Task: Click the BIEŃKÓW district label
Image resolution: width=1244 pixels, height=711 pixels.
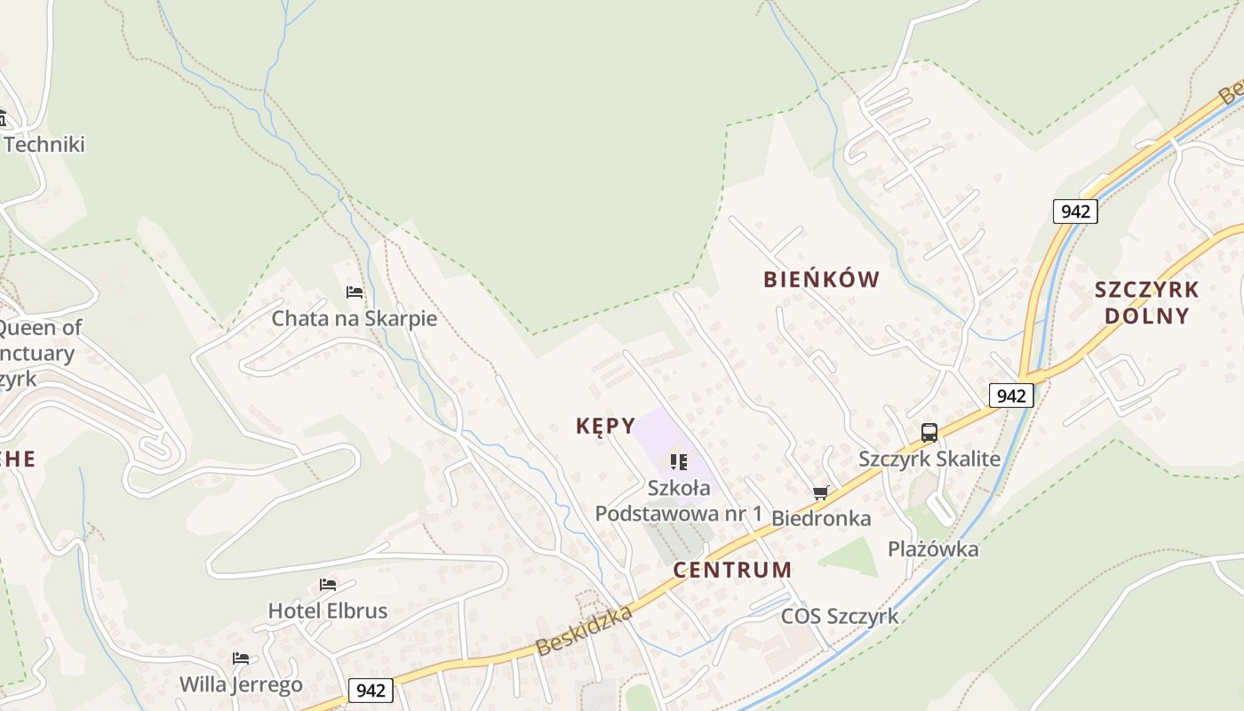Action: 821,279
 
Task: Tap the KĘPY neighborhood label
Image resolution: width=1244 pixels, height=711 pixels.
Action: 605,426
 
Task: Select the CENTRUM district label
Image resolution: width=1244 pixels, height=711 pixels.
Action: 731,570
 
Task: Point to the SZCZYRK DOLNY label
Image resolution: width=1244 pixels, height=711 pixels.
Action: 1146,302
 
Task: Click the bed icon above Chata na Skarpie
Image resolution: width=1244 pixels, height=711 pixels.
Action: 355,292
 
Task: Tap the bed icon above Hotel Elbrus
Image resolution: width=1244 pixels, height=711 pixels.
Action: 328,585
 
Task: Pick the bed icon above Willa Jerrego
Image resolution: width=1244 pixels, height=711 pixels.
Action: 241,659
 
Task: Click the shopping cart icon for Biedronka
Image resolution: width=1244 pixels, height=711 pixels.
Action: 820,492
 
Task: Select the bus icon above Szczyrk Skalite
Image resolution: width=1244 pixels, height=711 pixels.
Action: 929,433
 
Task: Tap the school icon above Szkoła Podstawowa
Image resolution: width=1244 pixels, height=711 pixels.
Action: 679,461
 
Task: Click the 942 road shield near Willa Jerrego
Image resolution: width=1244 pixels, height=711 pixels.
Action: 371,690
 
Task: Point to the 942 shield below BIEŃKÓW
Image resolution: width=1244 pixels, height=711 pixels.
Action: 1011,395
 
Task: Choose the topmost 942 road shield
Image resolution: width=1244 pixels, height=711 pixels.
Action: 1075,212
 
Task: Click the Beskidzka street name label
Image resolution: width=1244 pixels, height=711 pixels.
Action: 585,631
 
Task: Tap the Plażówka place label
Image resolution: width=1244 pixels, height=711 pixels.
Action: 933,549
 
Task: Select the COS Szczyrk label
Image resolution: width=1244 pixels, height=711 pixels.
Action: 840,616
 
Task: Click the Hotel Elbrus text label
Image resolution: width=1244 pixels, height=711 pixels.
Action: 328,611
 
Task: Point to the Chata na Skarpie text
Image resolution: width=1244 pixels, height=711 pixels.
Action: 355,318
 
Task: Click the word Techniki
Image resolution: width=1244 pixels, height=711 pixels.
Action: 44,144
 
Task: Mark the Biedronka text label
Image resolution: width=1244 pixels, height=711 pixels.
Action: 821,518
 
